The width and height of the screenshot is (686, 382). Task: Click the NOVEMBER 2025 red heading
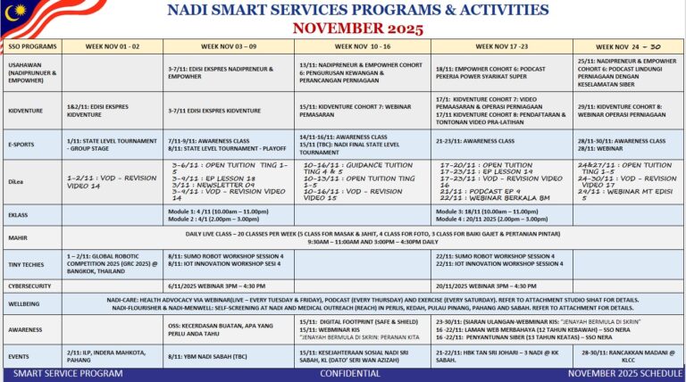(x=357, y=28)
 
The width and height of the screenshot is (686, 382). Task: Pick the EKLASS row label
(x=18, y=215)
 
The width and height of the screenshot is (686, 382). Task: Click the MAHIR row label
(x=17, y=237)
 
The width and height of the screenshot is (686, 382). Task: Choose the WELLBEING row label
(x=25, y=303)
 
